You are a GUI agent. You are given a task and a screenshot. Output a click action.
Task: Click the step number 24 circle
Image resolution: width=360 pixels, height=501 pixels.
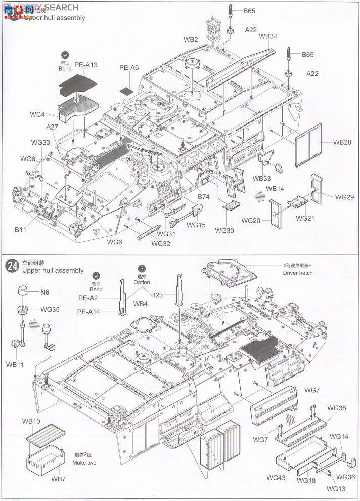(x=12, y=264)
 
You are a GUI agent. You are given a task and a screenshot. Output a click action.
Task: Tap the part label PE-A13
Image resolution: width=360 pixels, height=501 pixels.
(x=85, y=65)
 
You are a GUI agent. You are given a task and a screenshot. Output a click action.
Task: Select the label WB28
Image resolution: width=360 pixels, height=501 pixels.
(x=342, y=142)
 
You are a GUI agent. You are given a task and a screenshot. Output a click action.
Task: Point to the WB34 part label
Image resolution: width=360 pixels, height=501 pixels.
(x=268, y=36)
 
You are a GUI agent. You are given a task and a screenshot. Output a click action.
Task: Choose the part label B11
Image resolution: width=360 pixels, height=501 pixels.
(x=20, y=229)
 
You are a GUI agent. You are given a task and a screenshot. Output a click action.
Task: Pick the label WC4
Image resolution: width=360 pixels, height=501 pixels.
(x=37, y=114)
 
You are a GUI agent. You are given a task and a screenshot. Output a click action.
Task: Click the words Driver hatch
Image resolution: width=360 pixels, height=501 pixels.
(x=298, y=273)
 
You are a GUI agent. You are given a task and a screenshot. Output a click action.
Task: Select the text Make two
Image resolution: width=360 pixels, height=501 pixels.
(x=84, y=463)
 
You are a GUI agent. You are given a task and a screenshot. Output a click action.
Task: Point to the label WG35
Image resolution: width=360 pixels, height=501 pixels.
(x=51, y=309)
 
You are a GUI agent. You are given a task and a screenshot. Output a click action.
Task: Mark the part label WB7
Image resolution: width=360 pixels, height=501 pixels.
(x=58, y=479)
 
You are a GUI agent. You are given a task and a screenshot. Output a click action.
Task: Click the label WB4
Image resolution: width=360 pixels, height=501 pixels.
(x=141, y=304)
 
